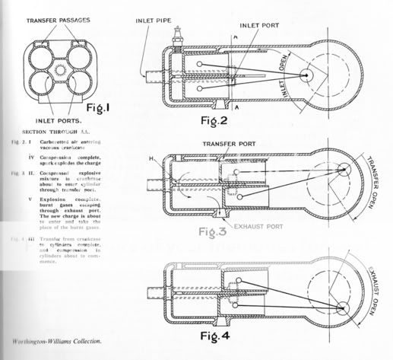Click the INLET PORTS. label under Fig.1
pyautogui.click(x=56, y=120)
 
